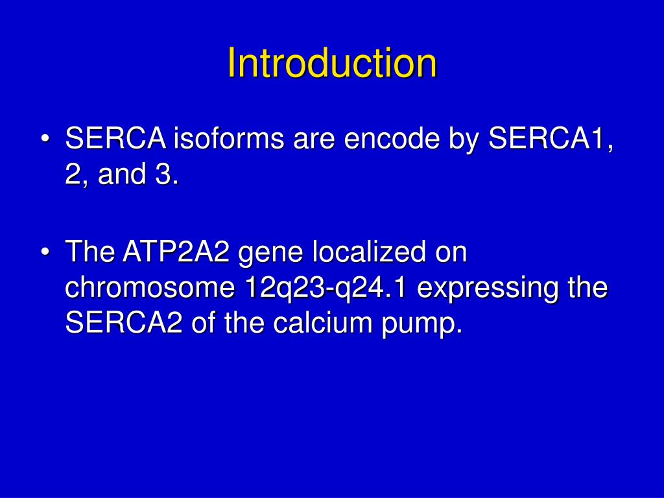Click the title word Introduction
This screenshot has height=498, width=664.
(x=332, y=64)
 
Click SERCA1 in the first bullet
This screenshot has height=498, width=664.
(x=549, y=139)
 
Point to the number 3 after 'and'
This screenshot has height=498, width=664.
(x=165, y=175)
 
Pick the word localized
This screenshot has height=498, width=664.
(x=368, y=252)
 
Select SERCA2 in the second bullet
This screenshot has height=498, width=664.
(x=124, y=324)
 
